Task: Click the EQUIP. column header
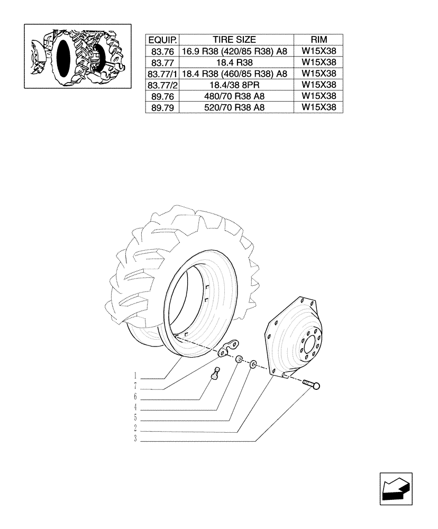coord(162,40)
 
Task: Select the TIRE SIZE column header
coord(234,40)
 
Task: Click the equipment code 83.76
coord(162,51)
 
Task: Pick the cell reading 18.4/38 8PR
coord(234,85)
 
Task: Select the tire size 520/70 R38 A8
coord(234,107)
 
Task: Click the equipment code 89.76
coord(162,96)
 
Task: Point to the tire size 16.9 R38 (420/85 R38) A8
coord(234,51)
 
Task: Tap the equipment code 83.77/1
coord(162,74)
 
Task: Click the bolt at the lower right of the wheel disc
coord(312,385)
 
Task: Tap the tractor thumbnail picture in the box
coord(78,56)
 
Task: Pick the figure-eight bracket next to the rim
coord(227,349)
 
